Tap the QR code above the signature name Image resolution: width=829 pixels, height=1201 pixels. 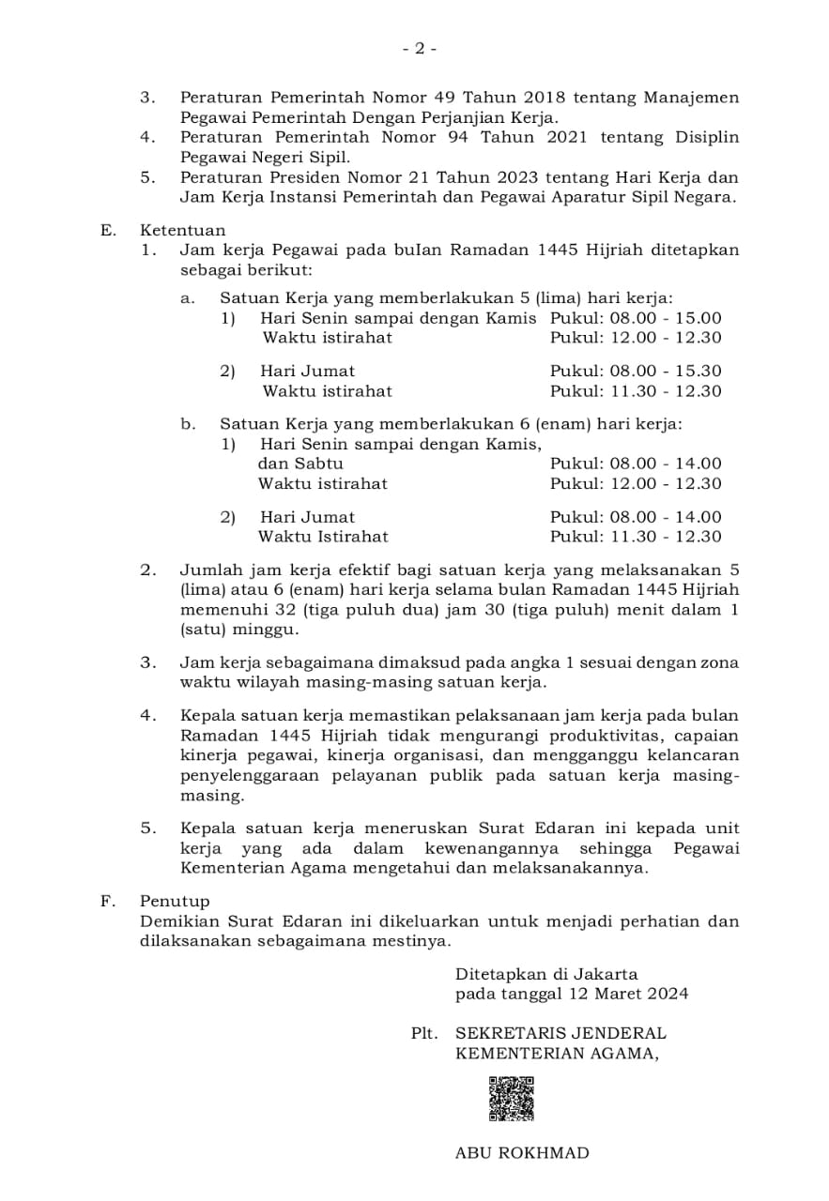511,1099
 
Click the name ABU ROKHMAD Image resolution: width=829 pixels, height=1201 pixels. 522,1153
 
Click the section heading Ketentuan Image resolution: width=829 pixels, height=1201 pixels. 183,230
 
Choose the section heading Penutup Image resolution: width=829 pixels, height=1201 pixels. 175,901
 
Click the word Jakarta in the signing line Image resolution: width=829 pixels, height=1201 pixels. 606,974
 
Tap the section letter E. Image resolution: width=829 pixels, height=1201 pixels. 107,230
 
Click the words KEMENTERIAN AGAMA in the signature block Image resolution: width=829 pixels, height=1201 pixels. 556,1053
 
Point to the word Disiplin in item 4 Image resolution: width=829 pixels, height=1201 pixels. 704,137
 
